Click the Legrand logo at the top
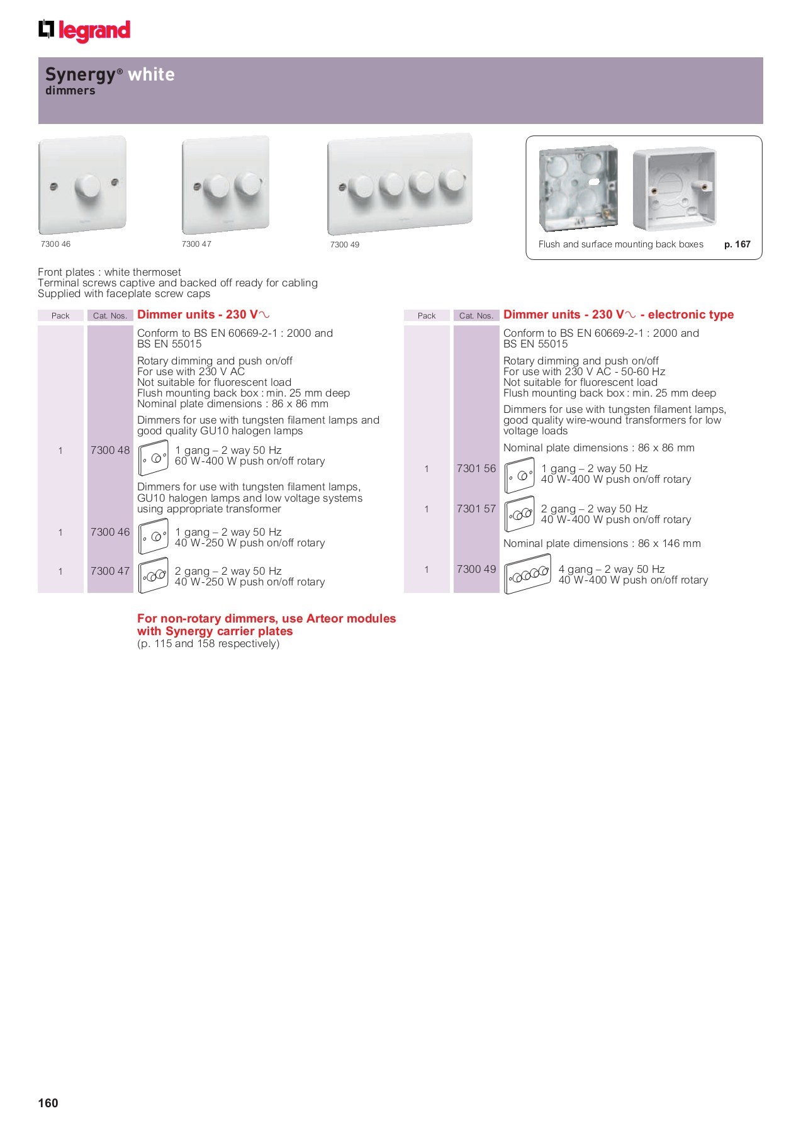point(84,30)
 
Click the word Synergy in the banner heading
point(81,74)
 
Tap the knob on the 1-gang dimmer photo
point(87,186)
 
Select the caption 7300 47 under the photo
point(196,244)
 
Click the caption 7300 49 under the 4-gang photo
point(345,245)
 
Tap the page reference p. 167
point(737,244)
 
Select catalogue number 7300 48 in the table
point(110,450)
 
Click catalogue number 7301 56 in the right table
point(476,468)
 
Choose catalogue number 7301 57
point(476,509)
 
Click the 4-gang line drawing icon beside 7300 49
point(527,573)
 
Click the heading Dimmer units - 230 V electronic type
point(618,315)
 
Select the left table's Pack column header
point(60,315)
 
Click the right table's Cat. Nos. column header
point(476,315)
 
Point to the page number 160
point(48,1103)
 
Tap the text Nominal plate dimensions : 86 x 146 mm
point(602,543)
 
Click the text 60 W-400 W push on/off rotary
point(250,461)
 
